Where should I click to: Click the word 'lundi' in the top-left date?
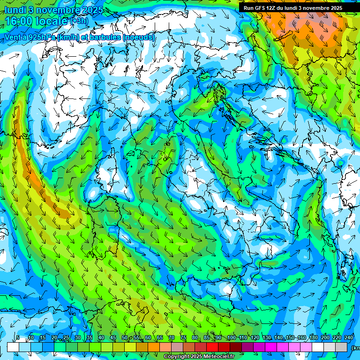[15, 10]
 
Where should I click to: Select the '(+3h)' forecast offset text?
[79, 21]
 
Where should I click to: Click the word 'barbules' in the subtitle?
[104, 37]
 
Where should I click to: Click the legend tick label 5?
[18, 338]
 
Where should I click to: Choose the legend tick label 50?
[125, 338]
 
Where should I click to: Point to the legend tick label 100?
[231, 338]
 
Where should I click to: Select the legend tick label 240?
[348, 338]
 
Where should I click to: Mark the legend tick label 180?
[313, 338]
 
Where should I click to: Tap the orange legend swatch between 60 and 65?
[154, 347]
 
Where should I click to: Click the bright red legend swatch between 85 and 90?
[212, 347]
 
